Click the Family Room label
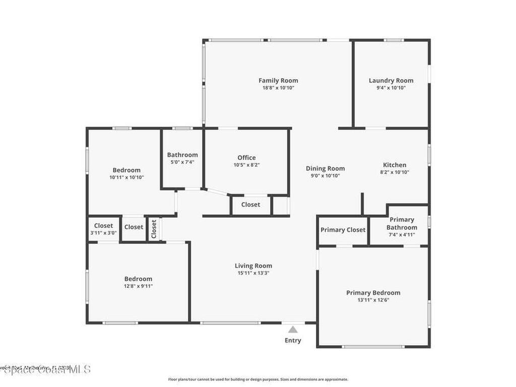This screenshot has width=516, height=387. [278, 81]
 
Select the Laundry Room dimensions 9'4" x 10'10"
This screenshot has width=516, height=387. [391, 88]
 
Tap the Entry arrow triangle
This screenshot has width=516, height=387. [293, 330]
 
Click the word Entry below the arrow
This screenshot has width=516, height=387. [293, 341]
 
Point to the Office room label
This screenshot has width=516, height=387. [246, 158]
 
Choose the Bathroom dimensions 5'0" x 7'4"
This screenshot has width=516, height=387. [182, 162]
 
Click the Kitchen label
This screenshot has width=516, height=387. [395, 165]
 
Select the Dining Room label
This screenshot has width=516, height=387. [326, 169]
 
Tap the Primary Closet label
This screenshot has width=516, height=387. [343, 230]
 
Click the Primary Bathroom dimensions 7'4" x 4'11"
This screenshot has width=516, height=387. [402, 235]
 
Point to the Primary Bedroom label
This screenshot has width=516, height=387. [373, 293]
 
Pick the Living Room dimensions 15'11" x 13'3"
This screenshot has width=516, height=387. [253, 273]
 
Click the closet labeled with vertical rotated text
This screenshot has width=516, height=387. [154, 229]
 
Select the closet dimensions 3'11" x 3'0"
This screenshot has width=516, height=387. [103, 233]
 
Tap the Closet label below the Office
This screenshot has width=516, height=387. [250, 205]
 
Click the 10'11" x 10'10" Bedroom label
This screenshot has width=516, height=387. [126, 170]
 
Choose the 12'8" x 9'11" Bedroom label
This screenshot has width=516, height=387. [138, 279]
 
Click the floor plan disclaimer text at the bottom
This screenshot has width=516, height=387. [257, 379]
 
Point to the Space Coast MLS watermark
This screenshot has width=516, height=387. [45, 369]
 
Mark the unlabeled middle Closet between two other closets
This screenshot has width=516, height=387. [134, 227]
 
